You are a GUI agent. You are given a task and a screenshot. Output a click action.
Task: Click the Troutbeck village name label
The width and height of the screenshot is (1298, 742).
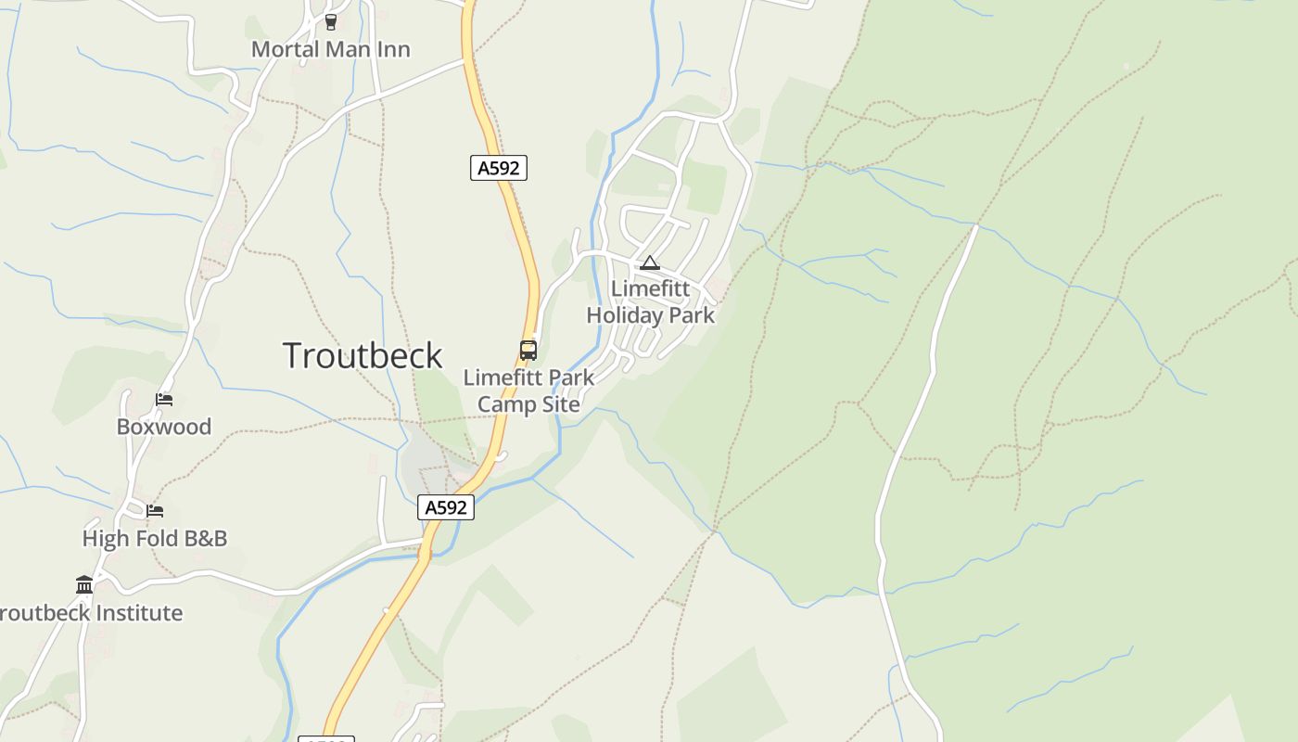tap(363, 356)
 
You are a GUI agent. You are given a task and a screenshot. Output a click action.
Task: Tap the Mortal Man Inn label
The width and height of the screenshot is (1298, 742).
tap(330, 49)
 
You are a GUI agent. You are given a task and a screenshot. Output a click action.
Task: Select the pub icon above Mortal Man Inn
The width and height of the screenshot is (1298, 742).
tap(331, 21)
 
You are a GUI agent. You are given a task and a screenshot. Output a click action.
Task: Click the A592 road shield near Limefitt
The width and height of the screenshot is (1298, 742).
tap(499, 168)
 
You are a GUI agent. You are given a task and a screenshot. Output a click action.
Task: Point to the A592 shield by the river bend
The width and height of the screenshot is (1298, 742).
tap(446, 507)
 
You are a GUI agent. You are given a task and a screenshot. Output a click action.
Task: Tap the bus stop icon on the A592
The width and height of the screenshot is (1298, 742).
tap(528, 350)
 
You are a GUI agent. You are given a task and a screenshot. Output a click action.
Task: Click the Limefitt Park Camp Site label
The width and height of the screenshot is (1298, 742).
tap(528, 390)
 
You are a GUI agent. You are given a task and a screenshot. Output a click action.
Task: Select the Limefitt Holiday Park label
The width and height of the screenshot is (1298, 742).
tap(651, 301)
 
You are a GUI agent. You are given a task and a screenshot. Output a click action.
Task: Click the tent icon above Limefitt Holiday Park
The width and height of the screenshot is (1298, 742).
tap(649, 263)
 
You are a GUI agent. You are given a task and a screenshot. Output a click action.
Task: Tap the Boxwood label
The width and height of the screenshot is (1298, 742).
tap(164, 427)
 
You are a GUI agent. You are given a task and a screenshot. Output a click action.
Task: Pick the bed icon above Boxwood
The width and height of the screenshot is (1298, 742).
tap(164, 400)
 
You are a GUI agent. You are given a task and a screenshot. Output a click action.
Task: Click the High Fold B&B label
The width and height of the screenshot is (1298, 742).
tap(155, 538)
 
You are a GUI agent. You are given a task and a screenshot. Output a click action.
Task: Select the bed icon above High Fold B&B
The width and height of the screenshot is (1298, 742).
tap(155, 511)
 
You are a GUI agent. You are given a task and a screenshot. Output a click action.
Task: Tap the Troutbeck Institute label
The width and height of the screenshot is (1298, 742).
tap(91, 613)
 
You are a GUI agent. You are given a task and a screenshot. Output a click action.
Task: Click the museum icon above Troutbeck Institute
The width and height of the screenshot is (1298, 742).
tap(84, 584)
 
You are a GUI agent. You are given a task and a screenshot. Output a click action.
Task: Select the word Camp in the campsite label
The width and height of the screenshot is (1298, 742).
tap(504, 404)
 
